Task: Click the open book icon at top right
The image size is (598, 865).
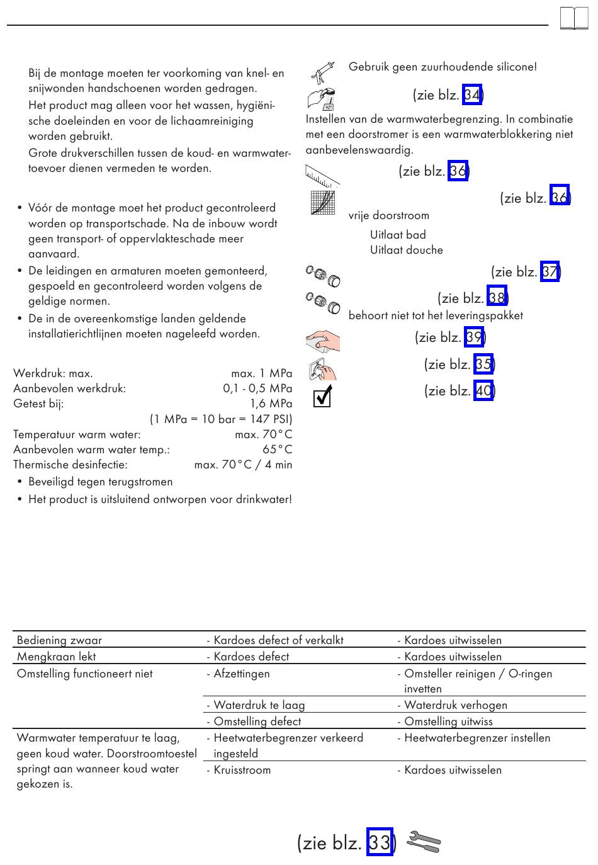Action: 573,18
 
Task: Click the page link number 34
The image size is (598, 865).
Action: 472,95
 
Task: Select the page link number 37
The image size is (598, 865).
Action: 550,272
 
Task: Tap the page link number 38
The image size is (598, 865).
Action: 497,298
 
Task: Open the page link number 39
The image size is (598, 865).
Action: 474,337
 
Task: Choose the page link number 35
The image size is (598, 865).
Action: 483,365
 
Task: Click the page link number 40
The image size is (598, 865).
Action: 483,391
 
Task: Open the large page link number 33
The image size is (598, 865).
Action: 380,842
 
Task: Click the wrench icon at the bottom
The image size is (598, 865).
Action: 424,842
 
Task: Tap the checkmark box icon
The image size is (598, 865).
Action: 322,397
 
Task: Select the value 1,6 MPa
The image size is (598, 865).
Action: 271,404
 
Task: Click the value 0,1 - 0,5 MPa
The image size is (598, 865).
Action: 257,388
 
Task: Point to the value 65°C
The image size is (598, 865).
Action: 277,449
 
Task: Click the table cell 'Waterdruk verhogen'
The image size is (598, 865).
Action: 456,705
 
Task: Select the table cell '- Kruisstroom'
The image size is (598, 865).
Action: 239,770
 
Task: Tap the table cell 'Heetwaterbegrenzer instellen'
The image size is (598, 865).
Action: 477,738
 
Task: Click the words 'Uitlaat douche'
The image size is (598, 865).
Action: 407,250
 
